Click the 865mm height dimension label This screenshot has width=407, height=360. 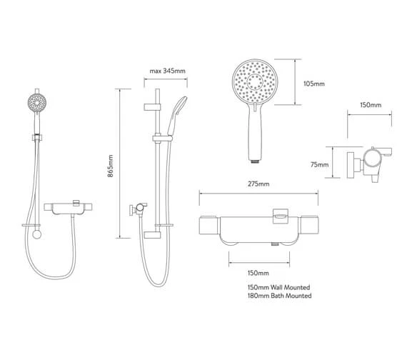[x=111, y=166]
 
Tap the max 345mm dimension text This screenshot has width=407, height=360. [x=167, y=71]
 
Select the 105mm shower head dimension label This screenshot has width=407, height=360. [x=314, y=84]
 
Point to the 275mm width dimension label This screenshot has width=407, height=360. [x=258, y=184]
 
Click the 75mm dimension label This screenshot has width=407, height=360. [x=319, y=164]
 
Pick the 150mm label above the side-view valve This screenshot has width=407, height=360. [x=371, y=105]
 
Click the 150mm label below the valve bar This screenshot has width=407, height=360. [x=258, y=273]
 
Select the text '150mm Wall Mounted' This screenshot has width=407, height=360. [x=278, y=287]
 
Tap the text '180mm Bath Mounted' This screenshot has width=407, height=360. [x=279, y=296]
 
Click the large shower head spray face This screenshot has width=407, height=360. [x=254, y=81]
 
